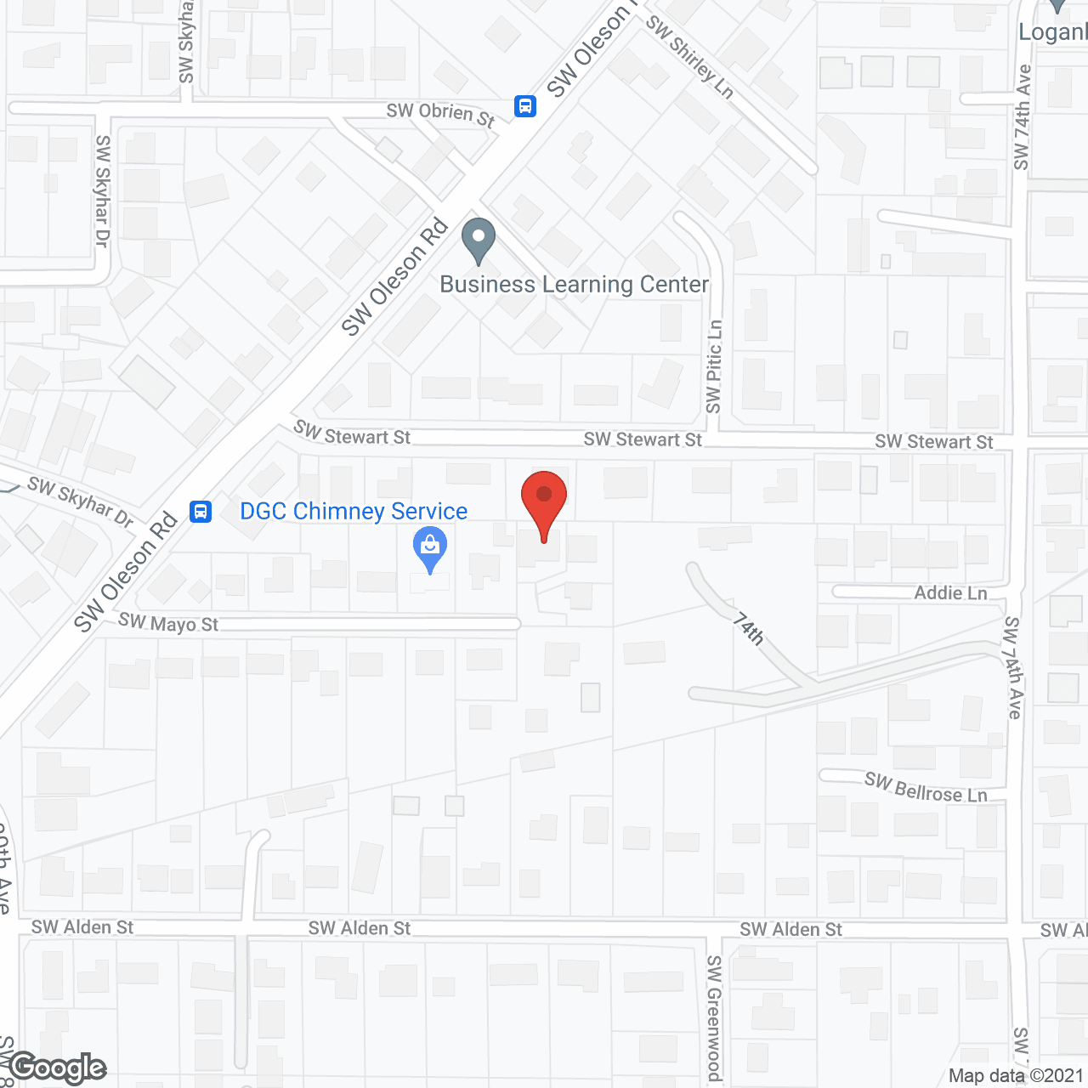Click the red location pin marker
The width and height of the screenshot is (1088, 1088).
(x=544, y=502)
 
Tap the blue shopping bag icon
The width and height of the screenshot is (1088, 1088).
(x=430, y=547)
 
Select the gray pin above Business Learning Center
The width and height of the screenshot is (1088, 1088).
(x=479, y=241)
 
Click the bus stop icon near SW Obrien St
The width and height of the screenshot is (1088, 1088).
(x=525, y=106)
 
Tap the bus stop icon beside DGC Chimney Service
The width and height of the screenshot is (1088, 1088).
(x=201, y=511)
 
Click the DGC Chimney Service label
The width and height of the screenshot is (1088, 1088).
(x=354, y=511)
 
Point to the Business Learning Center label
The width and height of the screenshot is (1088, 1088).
(x=574, y=284)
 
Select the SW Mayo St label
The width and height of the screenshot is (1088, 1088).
(x=168, y=623)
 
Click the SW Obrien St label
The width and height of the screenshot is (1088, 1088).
(x=440, y=114)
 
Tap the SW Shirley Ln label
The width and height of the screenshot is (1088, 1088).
(x=689, y=56)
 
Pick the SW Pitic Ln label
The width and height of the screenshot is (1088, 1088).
(x=714, y=366)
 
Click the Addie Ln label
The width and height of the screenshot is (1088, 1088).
(x=950, y=592)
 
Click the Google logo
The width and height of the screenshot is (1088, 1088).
(x=58, y=1068)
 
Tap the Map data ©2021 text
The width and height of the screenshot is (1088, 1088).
(x=1016, y=1075)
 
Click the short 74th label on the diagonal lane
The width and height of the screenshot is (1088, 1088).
(x=749, y=629)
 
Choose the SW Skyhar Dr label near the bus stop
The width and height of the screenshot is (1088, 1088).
(x=81, y=501)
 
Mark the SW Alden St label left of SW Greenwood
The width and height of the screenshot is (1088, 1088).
(x=360, y=928)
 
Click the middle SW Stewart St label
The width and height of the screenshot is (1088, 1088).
(x=643, y=439)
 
